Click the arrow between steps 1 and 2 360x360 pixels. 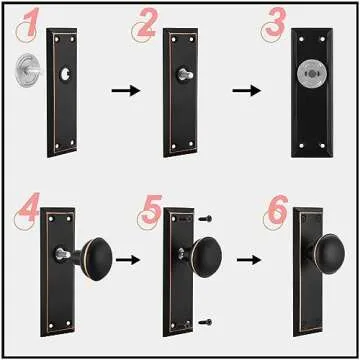(x=120, y=91)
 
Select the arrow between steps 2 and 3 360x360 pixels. (x=245, y=91)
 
